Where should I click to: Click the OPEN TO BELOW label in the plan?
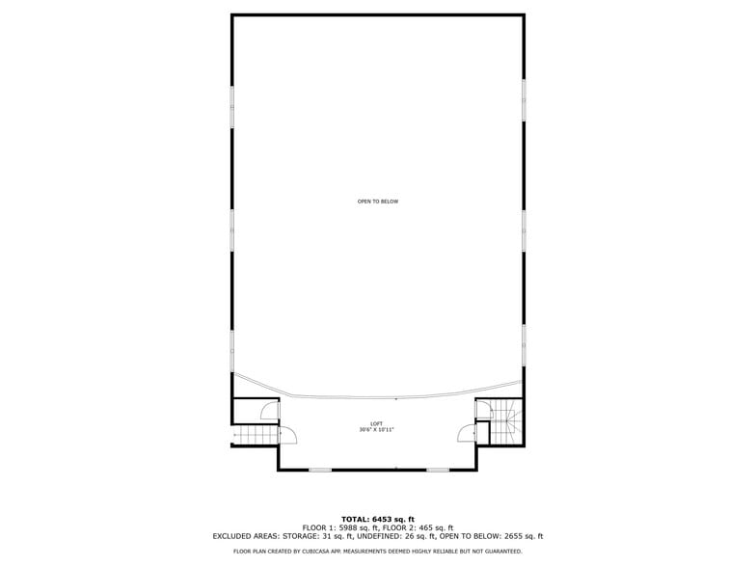point(377,202)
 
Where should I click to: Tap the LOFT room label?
point(377,424)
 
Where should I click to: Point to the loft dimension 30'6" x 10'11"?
point(377,430)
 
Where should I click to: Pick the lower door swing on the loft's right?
point(467,434)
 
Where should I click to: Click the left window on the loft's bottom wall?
point(320,470)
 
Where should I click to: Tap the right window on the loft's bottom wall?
point(438,470)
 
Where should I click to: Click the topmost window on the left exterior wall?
point(231,106)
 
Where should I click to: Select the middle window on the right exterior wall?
point(524,230)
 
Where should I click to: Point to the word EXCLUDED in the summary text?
point(236,536)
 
